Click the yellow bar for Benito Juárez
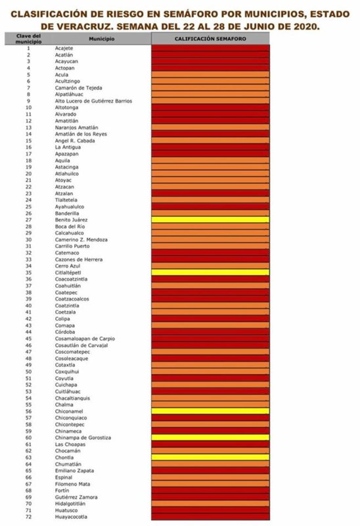(x=210, y=220)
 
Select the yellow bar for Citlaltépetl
(x=210, y=272)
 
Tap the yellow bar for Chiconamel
(x=210, y=411)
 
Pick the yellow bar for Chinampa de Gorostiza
(x=210, y=437)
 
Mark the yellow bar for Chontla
(x=210, y=457)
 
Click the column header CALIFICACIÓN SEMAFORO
(x=210, y=39)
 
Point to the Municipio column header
(x=102, y=39)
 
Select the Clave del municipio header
(x=28, y=39)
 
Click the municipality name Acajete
(x=64, y=48)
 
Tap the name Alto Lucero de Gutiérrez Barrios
(x=93, y=101)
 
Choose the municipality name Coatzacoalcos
(x=72, y=299)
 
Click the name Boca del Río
(x=70, y=226)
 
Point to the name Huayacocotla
(x=71, y=517)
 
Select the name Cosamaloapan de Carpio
(x=85, y=339)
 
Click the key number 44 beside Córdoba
(x=28, y=332)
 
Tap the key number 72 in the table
(x=28, y=517)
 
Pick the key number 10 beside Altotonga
(x=28, y=107)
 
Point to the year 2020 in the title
(x=304, y=26)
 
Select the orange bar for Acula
(x=210, y=74)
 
